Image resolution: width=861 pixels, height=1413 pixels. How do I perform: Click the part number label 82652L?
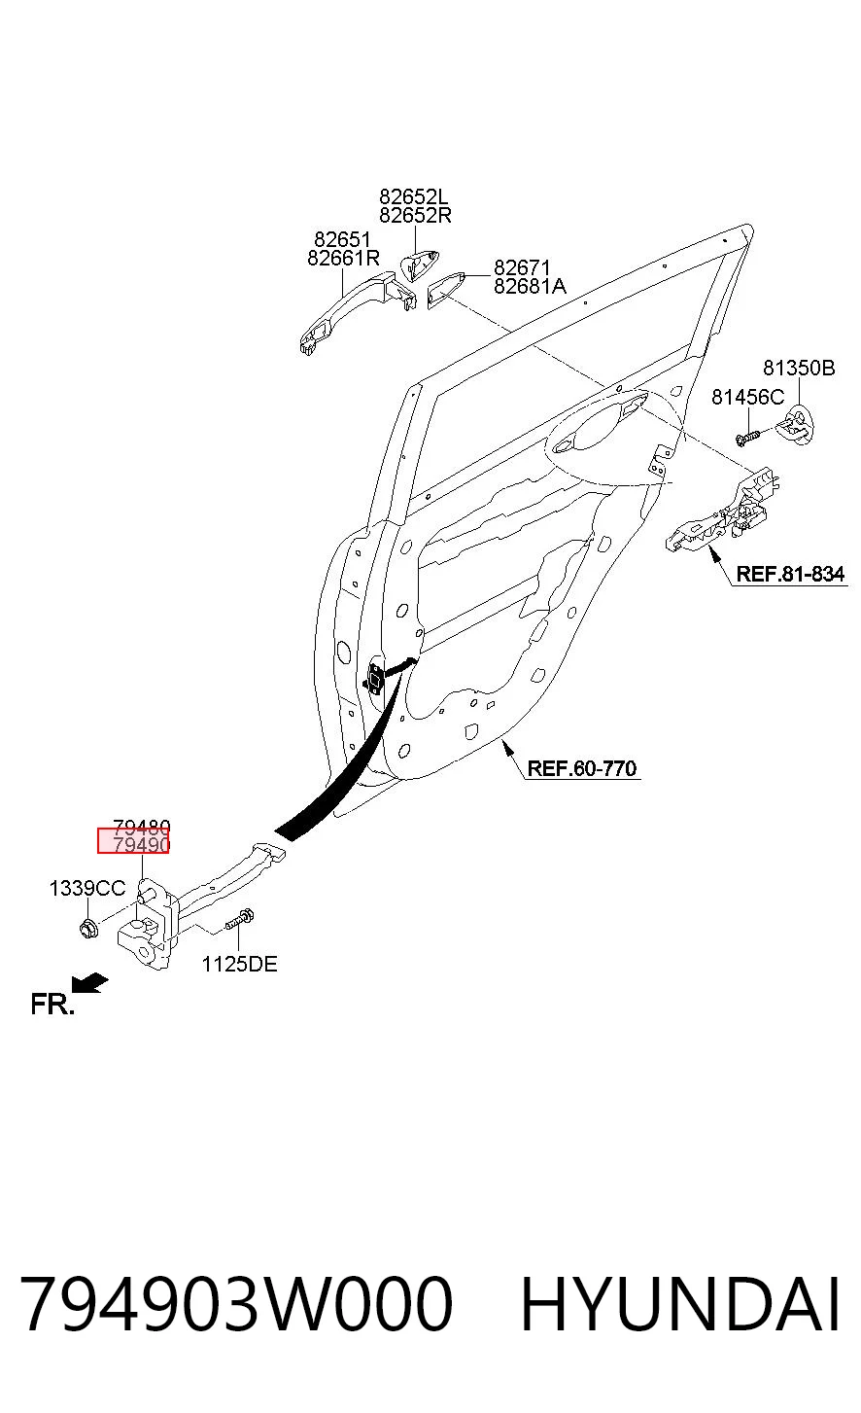[x=413, y=196]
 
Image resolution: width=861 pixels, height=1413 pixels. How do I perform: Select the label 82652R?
[x=415, y=215]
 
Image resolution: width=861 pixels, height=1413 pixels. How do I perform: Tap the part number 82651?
[x=342, y=239]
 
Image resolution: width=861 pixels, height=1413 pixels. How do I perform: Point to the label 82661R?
[x=343, y=258]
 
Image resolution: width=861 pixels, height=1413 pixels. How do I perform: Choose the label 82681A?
[x=530, y=286]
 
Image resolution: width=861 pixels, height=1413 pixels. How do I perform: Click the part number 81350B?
[x=799, y=368]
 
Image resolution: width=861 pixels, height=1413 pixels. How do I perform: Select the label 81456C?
[x=748, y=397]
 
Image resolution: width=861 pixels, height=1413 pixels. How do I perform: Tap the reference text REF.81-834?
[x=790, y=574]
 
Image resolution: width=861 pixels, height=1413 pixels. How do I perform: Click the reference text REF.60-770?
[x=582, y=768]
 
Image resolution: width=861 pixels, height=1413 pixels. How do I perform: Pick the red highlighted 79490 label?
[x=134, y=841]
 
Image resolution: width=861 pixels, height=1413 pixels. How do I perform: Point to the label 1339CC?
[x=87, y=888]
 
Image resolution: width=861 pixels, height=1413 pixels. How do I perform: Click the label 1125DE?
[x=239, y=964]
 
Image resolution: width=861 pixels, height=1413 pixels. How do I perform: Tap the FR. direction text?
[x=52, y=1004]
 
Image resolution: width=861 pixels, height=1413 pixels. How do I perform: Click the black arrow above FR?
[x=89, y=983]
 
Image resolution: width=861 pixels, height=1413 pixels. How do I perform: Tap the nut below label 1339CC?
[x=88, y=928]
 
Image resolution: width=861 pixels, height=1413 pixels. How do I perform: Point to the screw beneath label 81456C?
[x=747, y=437]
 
